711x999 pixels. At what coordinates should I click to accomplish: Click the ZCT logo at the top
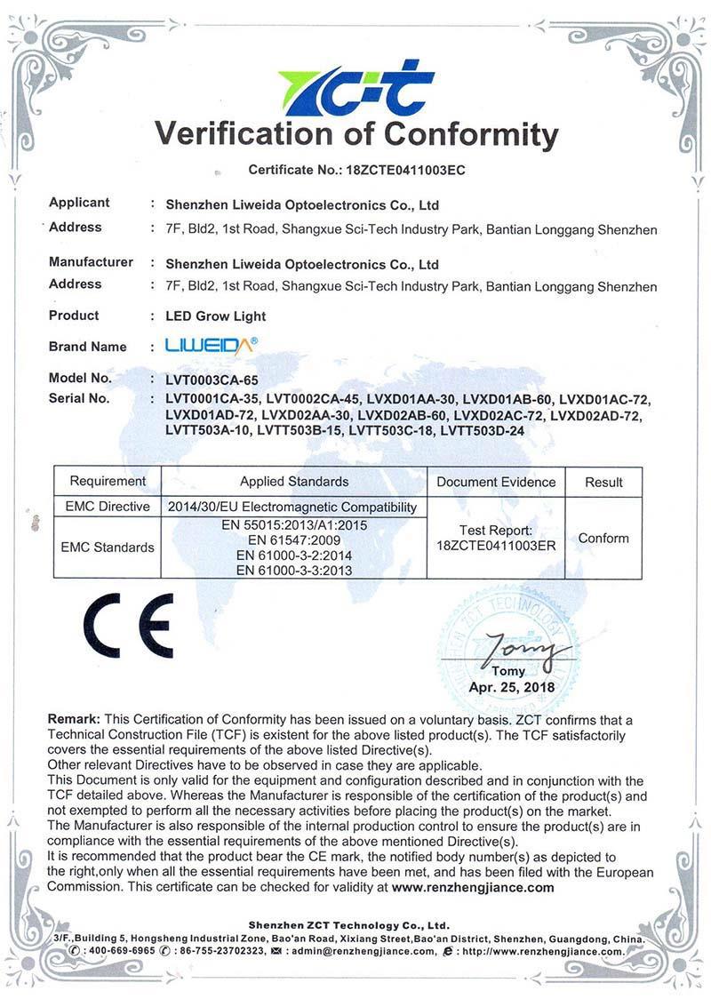356,87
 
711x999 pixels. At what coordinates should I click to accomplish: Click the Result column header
603,482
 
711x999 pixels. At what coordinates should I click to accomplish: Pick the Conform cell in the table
603,538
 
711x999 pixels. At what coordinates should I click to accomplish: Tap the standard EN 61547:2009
293,539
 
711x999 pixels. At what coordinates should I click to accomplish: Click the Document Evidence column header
496,482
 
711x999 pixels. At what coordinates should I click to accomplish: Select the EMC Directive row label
108,507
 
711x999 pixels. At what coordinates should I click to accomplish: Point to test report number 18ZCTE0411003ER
496,546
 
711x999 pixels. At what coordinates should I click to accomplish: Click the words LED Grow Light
216,316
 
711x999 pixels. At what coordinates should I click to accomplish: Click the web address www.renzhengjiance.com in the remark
473,887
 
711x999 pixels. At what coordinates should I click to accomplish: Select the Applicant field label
79,203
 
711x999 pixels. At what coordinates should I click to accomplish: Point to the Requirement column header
108,482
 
